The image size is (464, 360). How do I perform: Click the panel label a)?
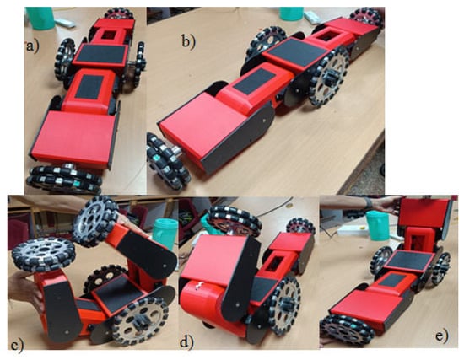coord(32,46)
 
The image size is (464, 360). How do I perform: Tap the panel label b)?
coord(188,41)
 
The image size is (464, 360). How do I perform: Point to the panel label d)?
coord(187,342)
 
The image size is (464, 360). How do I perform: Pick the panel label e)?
coord(442,336)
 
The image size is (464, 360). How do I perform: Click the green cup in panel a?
coord(40,18)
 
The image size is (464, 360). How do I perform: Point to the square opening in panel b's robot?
coord(326,37)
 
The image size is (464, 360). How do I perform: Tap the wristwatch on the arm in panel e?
coord(368,203)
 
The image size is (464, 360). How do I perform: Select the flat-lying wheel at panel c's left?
coord(44,255)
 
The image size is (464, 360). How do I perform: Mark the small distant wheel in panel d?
coord(300,226)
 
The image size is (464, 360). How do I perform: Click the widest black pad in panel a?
coord(101,54)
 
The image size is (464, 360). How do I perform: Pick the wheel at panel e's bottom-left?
coord(344,330)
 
